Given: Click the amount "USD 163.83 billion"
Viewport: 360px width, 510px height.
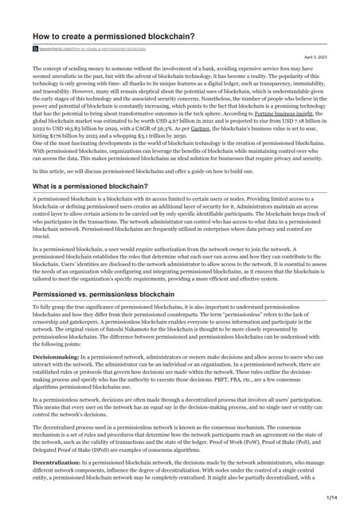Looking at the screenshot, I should [70, 130].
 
